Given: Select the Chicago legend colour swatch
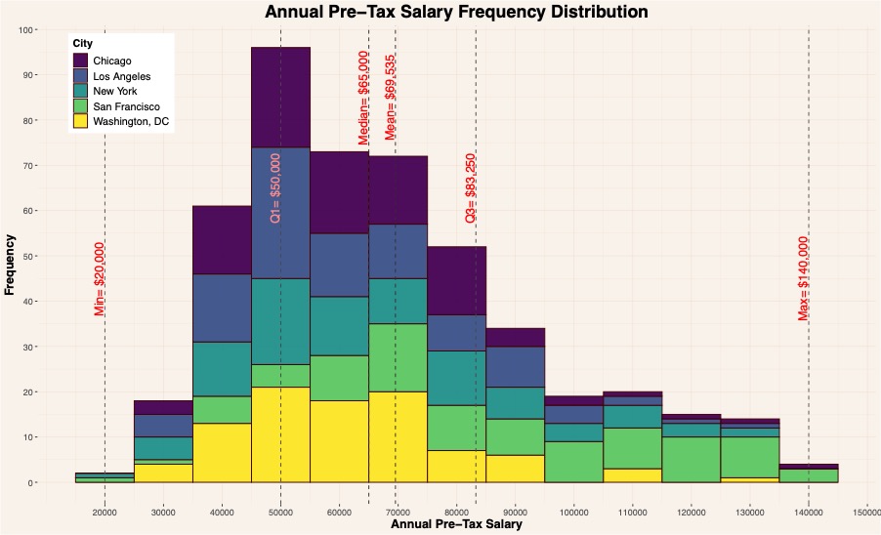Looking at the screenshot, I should pyautogui.click(x=81, y=61).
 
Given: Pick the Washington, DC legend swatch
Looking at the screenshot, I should pyautogui.click(x=81, y=121).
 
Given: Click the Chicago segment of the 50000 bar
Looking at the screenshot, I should pyautogui.click(x=280, y=97).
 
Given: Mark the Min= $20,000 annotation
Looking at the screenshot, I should pyautogui.click(x=99, y=279).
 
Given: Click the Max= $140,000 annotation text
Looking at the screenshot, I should pyautogui.click(x=803, y=278).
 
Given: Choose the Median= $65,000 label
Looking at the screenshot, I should pyautogui.click(x=363, y=98).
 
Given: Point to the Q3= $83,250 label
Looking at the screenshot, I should pyautogui.click(x=470, y=188).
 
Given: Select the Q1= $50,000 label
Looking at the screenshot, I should pyautogui.click(x=274, y=188).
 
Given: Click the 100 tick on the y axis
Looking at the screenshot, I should pyautogui.click(x=26, y=29).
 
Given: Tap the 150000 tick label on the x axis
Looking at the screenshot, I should pyautogui.click(x=867, y=511).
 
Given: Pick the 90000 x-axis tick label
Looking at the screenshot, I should pyautogui.click(x=515, y=511).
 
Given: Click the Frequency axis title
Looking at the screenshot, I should pyautogui.click(x=10, y=264).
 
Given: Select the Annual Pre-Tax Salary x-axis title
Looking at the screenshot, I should pyautogui.click(x=456, y=525).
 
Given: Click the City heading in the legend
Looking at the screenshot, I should pyautogui.click(x=83, y=44).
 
